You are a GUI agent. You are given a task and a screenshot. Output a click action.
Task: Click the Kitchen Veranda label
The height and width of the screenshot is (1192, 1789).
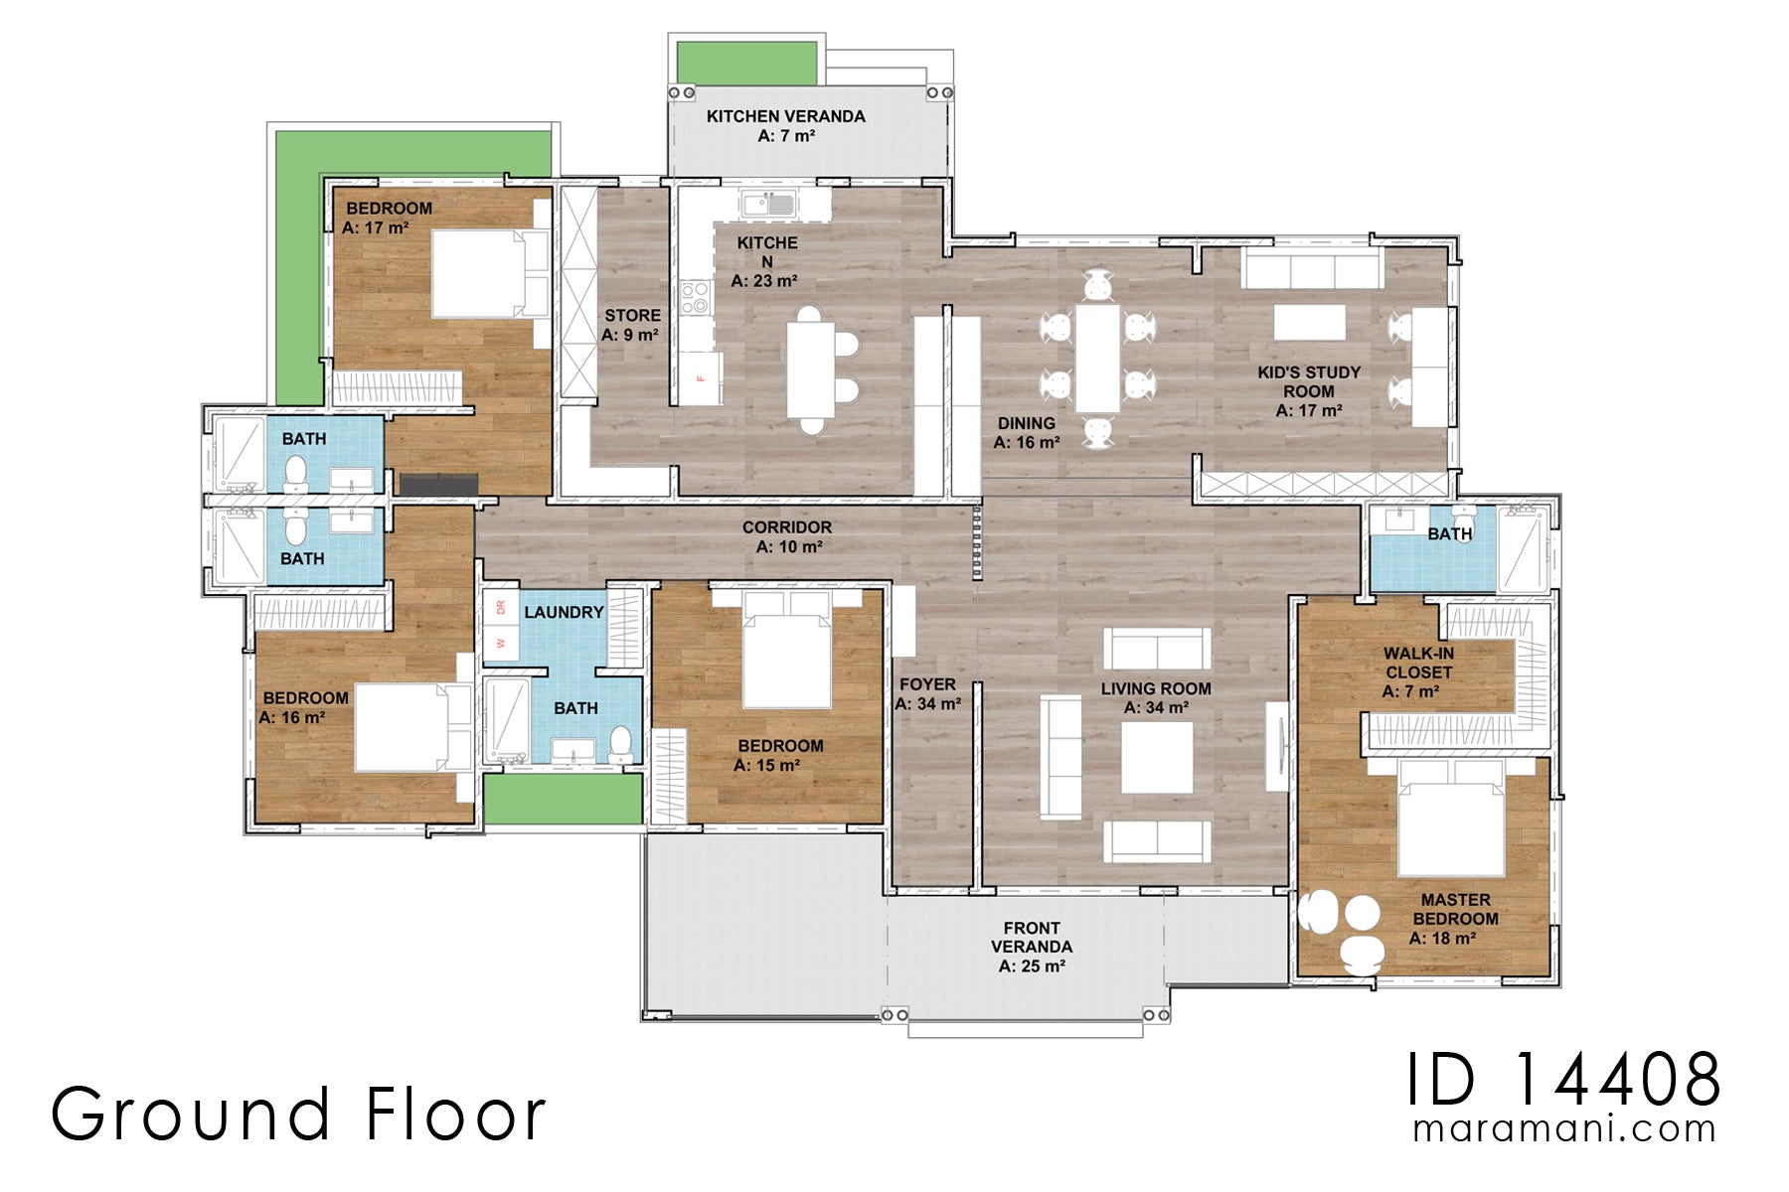pyautogui.click(x=785, y=126)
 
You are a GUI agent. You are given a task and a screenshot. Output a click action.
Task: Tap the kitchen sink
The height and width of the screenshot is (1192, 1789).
pyautogui.click(x=768, y=206)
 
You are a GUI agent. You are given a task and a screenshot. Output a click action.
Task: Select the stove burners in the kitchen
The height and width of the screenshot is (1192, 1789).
pyautogui.click(x=696, y=297)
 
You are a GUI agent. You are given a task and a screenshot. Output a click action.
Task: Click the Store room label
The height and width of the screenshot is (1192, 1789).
pyautogui.click(x=631, y=325)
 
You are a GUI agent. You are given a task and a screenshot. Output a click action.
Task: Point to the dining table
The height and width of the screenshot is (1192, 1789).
pyautogui.click(x=1097, y=358)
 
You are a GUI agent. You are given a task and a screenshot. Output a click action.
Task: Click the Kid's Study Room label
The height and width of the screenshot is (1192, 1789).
pyautogui.click(x=1309, y=390)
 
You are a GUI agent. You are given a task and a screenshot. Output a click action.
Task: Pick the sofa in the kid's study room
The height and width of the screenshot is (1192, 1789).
pyautogui.click(x=1311, y=269)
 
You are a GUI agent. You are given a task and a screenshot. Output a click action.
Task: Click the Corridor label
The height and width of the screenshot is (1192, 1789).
pyautogui.click(x=787, y=536)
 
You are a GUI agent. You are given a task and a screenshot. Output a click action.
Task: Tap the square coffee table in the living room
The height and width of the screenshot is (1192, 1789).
pyautogui.click(x=1156, y=756)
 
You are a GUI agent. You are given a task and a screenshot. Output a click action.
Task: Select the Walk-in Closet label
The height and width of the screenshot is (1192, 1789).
pyautogui.click(x=1418, y=671)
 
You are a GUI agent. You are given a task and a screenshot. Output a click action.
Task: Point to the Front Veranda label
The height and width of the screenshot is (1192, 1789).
pyautogui.click(x=1032, y=946)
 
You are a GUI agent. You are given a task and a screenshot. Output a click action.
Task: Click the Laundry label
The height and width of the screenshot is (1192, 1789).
pyautogui.click(x=564, y=612)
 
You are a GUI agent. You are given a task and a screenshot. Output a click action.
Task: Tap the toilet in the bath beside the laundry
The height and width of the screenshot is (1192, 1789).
pyautogui.click(x=620, y=742)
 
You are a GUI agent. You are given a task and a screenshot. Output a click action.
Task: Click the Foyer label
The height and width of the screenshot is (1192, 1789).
pyautogui.click(x=927, y=693)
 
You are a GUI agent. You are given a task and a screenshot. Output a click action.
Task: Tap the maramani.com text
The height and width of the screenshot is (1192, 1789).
pyautogui.click(x=1563, y=1128)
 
